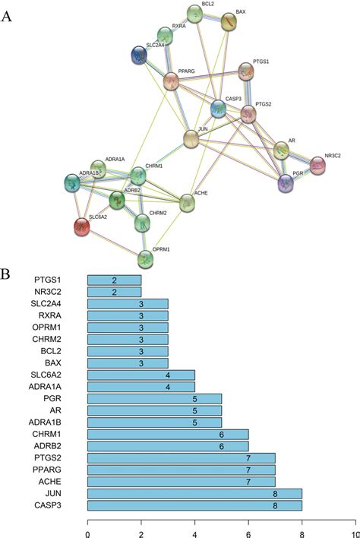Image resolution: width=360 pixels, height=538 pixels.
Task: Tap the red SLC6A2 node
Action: [82, 226]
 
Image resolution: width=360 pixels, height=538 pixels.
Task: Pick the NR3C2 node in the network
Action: [317, 164]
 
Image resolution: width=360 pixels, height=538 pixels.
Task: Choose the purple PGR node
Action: [286, 182]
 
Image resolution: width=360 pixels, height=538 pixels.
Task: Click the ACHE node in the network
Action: [187, 203]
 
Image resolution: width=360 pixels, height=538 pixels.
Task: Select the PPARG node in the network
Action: [173, 81]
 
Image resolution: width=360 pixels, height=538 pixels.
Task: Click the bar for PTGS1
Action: [115, 280]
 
